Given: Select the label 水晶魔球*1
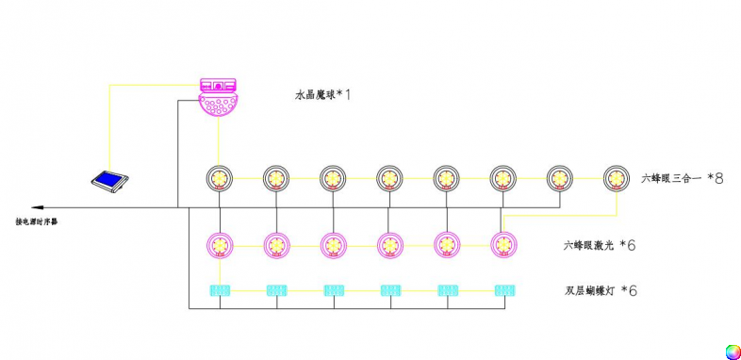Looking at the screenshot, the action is pos(329,95).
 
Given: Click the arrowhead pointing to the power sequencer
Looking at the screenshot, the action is pos(35,206).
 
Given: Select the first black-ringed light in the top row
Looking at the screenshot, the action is pos(219,177).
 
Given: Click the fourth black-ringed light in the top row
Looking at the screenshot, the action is pos(389,177).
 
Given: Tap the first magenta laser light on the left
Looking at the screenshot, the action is pos(220,245).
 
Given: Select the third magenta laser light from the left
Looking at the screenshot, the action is pos(333,245).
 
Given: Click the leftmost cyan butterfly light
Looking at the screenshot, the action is pos(220,290).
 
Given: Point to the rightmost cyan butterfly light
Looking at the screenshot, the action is pos(503,290).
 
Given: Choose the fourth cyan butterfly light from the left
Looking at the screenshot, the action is pos(390,290).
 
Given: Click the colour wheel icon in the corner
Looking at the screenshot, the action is pos(732,352).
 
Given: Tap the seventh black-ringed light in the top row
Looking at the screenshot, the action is pos(559,177).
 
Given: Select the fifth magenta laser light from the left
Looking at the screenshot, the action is pos(447,245).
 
